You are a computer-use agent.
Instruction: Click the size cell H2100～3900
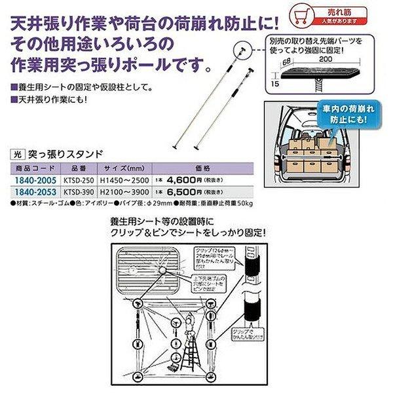tap(124, 189)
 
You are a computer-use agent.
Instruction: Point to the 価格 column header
tap(205, 168)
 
